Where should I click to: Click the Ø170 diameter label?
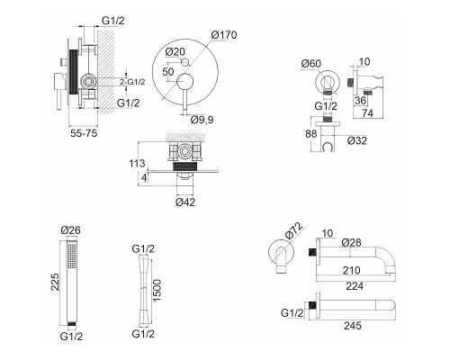click(224, 35)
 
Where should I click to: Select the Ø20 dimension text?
click(175, 51)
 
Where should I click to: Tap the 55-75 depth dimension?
click(84, 133)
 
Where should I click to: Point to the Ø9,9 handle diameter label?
click(202, 120)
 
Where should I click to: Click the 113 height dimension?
click(137, 164)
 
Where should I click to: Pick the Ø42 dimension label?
click(185, 202)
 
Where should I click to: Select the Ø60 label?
click(311, 64)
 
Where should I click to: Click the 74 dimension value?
click(368, 113)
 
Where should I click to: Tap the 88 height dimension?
click(311, 133)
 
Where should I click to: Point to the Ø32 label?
click(357, 140)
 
